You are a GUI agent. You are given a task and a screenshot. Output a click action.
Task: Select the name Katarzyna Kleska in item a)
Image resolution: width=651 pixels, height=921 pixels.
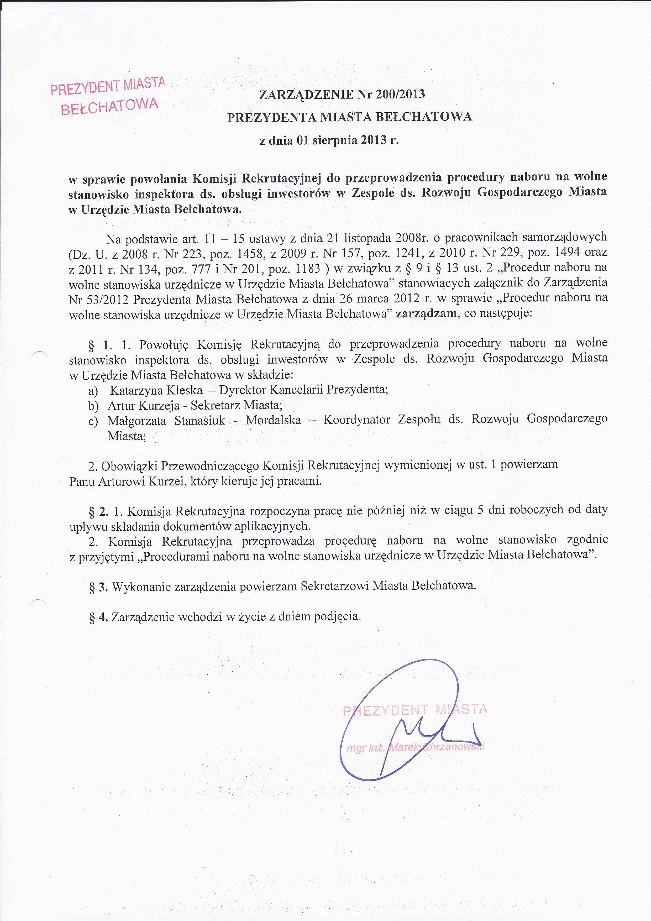tap(156, 390)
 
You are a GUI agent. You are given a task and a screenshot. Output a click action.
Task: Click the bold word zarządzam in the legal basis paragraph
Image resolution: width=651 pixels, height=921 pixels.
tap(426, 313)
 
